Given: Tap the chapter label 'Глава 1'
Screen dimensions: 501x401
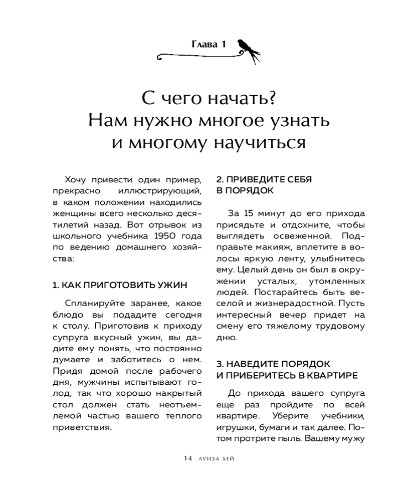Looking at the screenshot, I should point(209,45).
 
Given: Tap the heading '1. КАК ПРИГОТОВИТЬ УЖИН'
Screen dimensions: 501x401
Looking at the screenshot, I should point(120,285).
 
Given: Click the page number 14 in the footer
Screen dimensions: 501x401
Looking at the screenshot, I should point(187,458).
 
